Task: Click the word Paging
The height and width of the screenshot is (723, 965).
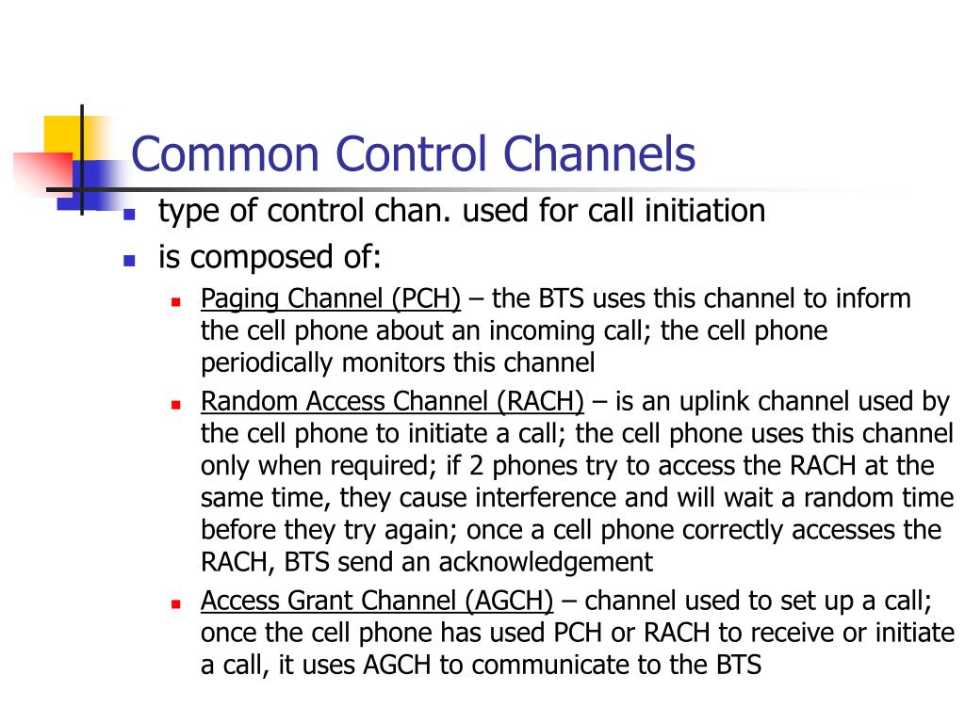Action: tap(241, 299)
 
